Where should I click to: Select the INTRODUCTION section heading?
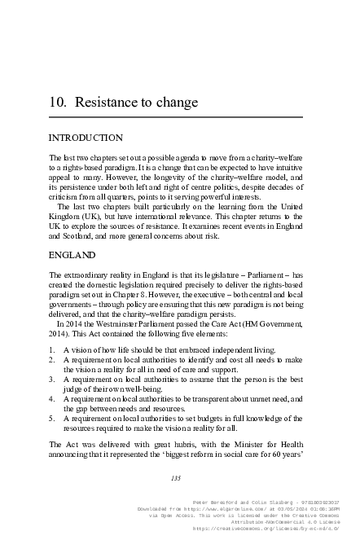pos(86,138)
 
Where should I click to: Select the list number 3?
pos(52,379)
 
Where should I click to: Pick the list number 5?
pos(52,417)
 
